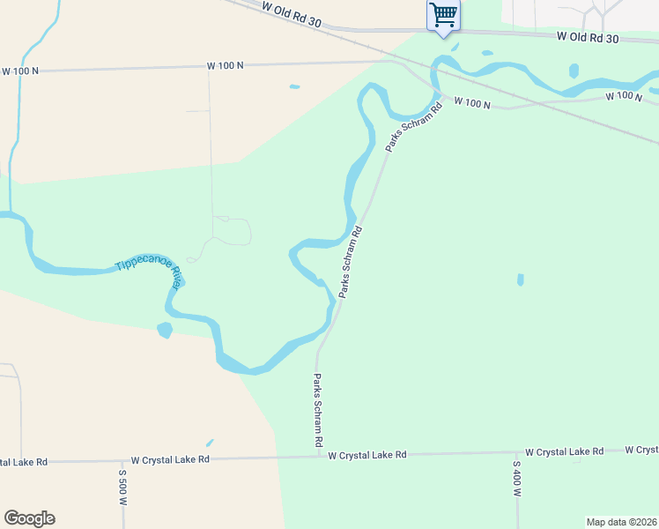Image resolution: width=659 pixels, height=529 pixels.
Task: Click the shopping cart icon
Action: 443,14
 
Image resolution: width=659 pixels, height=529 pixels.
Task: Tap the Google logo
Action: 29,518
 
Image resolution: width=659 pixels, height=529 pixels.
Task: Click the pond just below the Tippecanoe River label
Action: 164,330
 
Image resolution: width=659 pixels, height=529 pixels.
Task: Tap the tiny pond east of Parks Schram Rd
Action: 521,279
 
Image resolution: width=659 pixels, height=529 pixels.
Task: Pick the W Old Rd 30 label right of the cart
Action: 588,38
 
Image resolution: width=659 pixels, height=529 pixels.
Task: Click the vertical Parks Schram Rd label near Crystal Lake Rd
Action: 318,409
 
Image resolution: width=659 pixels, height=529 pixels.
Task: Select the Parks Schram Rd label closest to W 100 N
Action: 412,129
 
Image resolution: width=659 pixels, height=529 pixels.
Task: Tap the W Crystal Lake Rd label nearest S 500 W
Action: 170,460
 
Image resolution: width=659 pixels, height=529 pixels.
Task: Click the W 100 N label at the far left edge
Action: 19,71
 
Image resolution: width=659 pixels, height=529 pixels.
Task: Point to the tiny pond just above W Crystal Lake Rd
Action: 209,443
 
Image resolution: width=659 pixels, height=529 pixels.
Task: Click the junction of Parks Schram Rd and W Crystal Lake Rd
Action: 318,457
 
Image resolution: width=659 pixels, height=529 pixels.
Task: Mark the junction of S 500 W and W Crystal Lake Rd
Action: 122,460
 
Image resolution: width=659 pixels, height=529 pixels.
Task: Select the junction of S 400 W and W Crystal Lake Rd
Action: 515,454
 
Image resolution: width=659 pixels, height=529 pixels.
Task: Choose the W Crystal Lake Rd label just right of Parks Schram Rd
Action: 367,455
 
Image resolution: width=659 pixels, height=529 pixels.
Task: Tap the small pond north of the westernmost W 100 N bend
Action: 294,86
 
